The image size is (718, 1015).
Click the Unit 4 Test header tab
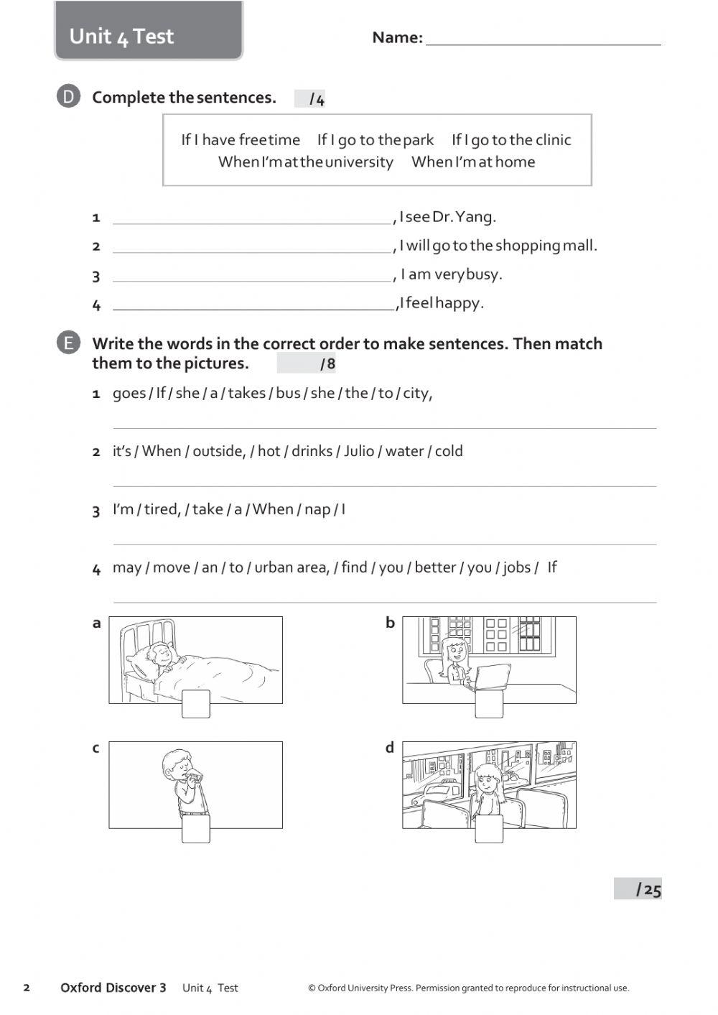tap(149, 33)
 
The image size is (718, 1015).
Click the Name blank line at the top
tap(543, 40)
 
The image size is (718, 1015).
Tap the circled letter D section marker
tap(68, 97)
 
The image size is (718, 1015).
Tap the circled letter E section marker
tap(68, 343)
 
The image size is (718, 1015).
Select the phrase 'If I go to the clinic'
tap(511, 140)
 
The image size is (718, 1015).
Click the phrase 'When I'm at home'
tap(473, 162)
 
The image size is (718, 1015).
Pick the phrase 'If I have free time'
tap(241, 140)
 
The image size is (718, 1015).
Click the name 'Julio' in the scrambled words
tap(359, 451)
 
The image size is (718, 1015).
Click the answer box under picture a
tap(196, 704)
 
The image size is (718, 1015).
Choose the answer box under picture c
tap(196, 828)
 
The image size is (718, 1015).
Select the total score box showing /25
tap(638, 889)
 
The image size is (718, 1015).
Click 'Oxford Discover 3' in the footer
tap(113, 988)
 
